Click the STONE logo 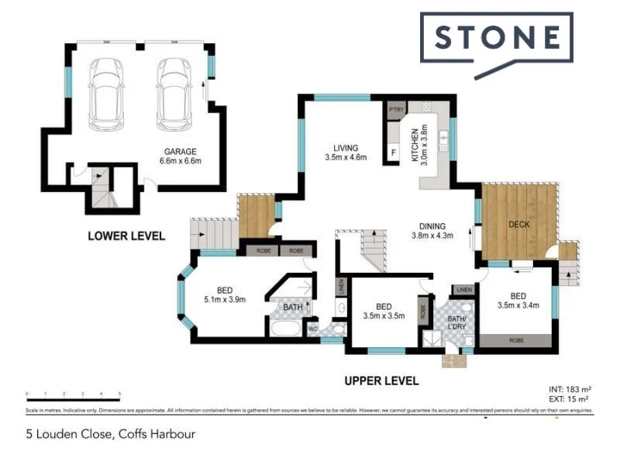(x=497, y=38)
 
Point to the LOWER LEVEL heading (x=126, y=236)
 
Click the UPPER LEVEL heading (x=381, y=381)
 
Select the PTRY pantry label (x=397, y=110)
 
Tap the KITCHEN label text (x=415, y=144)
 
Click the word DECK (x=518, y=225)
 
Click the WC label (x=312, y=327)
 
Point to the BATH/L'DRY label (x=456, y=324)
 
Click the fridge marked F (x=394, y=153)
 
